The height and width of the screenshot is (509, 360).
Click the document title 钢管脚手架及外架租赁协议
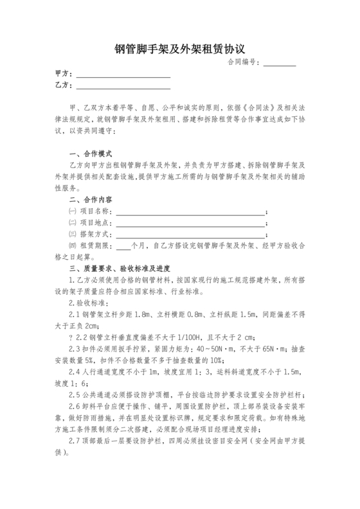(180, 48)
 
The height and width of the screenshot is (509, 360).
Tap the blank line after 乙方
(123, 88)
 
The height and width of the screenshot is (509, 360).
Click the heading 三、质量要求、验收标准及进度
(120, 268)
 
